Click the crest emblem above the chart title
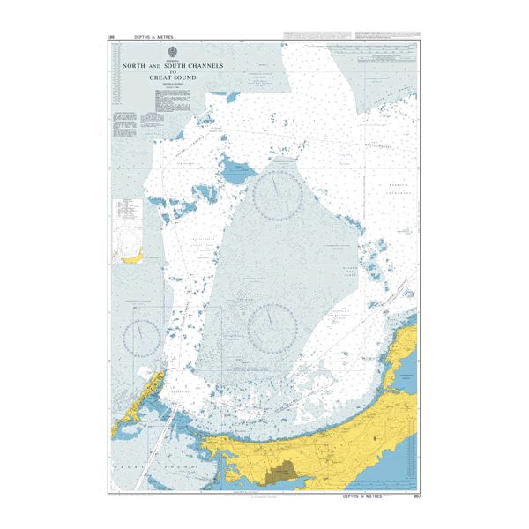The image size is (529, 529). pos(173,51)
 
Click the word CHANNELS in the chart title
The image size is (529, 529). pos(205,66)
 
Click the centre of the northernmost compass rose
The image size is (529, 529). pos(279,195)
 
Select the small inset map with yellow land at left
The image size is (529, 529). pos(129,232)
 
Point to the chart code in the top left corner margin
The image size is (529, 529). pos(110,37)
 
